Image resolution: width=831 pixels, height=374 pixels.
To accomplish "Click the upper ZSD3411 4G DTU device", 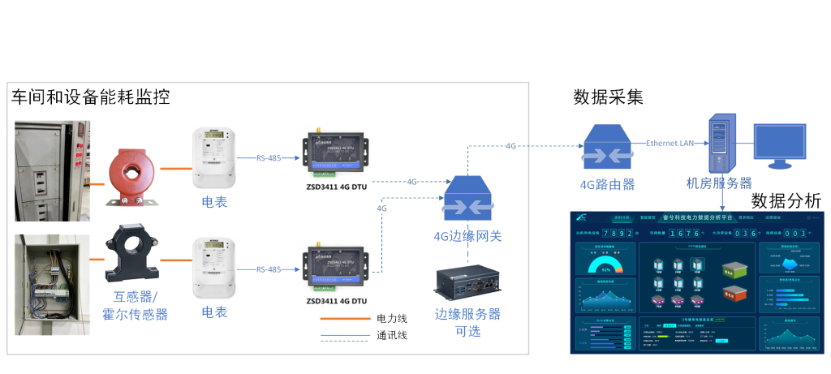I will (x=335, y=153).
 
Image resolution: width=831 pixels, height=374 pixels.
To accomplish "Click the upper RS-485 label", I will (x=268, y=157).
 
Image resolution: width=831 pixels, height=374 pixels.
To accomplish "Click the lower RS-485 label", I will (x=268, y=269).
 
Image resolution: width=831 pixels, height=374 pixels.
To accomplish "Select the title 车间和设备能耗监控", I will (x=90, y=98).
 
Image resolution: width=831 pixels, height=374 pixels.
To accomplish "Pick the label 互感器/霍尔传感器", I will (x=136, y=304).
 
